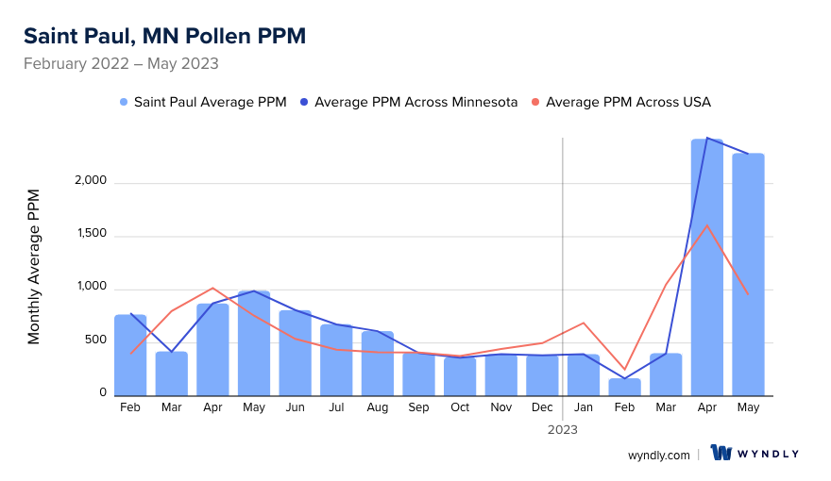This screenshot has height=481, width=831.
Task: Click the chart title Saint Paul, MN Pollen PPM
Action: click(x=164, y=36)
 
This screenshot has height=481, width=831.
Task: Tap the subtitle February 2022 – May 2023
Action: click(x=121, y=64)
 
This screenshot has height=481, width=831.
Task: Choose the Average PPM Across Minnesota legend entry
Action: click(x=415, y=102)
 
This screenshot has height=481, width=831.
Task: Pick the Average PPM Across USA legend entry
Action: click(x=628, y=102)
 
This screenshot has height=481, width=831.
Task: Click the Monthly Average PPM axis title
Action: click(x=34, y=266)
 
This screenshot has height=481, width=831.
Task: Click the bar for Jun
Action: click(x=296, y=353)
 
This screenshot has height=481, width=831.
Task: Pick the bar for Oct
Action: click(x=460, y=376)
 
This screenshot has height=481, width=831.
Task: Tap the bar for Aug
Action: click(x=378, y=363)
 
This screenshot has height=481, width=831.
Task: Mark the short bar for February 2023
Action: click(x=625, y=387)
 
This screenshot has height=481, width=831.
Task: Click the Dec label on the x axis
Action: click(x=543, y=407)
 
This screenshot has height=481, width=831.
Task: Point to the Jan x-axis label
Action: click(x=584, y=407)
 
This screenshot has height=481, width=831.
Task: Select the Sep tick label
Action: click(x=418, y=407)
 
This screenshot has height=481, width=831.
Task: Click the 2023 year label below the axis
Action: click(x=563, y=429)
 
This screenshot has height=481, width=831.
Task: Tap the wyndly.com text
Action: click(x=659, y=455)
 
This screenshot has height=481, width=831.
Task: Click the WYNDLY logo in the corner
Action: click(x=755, y=454)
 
